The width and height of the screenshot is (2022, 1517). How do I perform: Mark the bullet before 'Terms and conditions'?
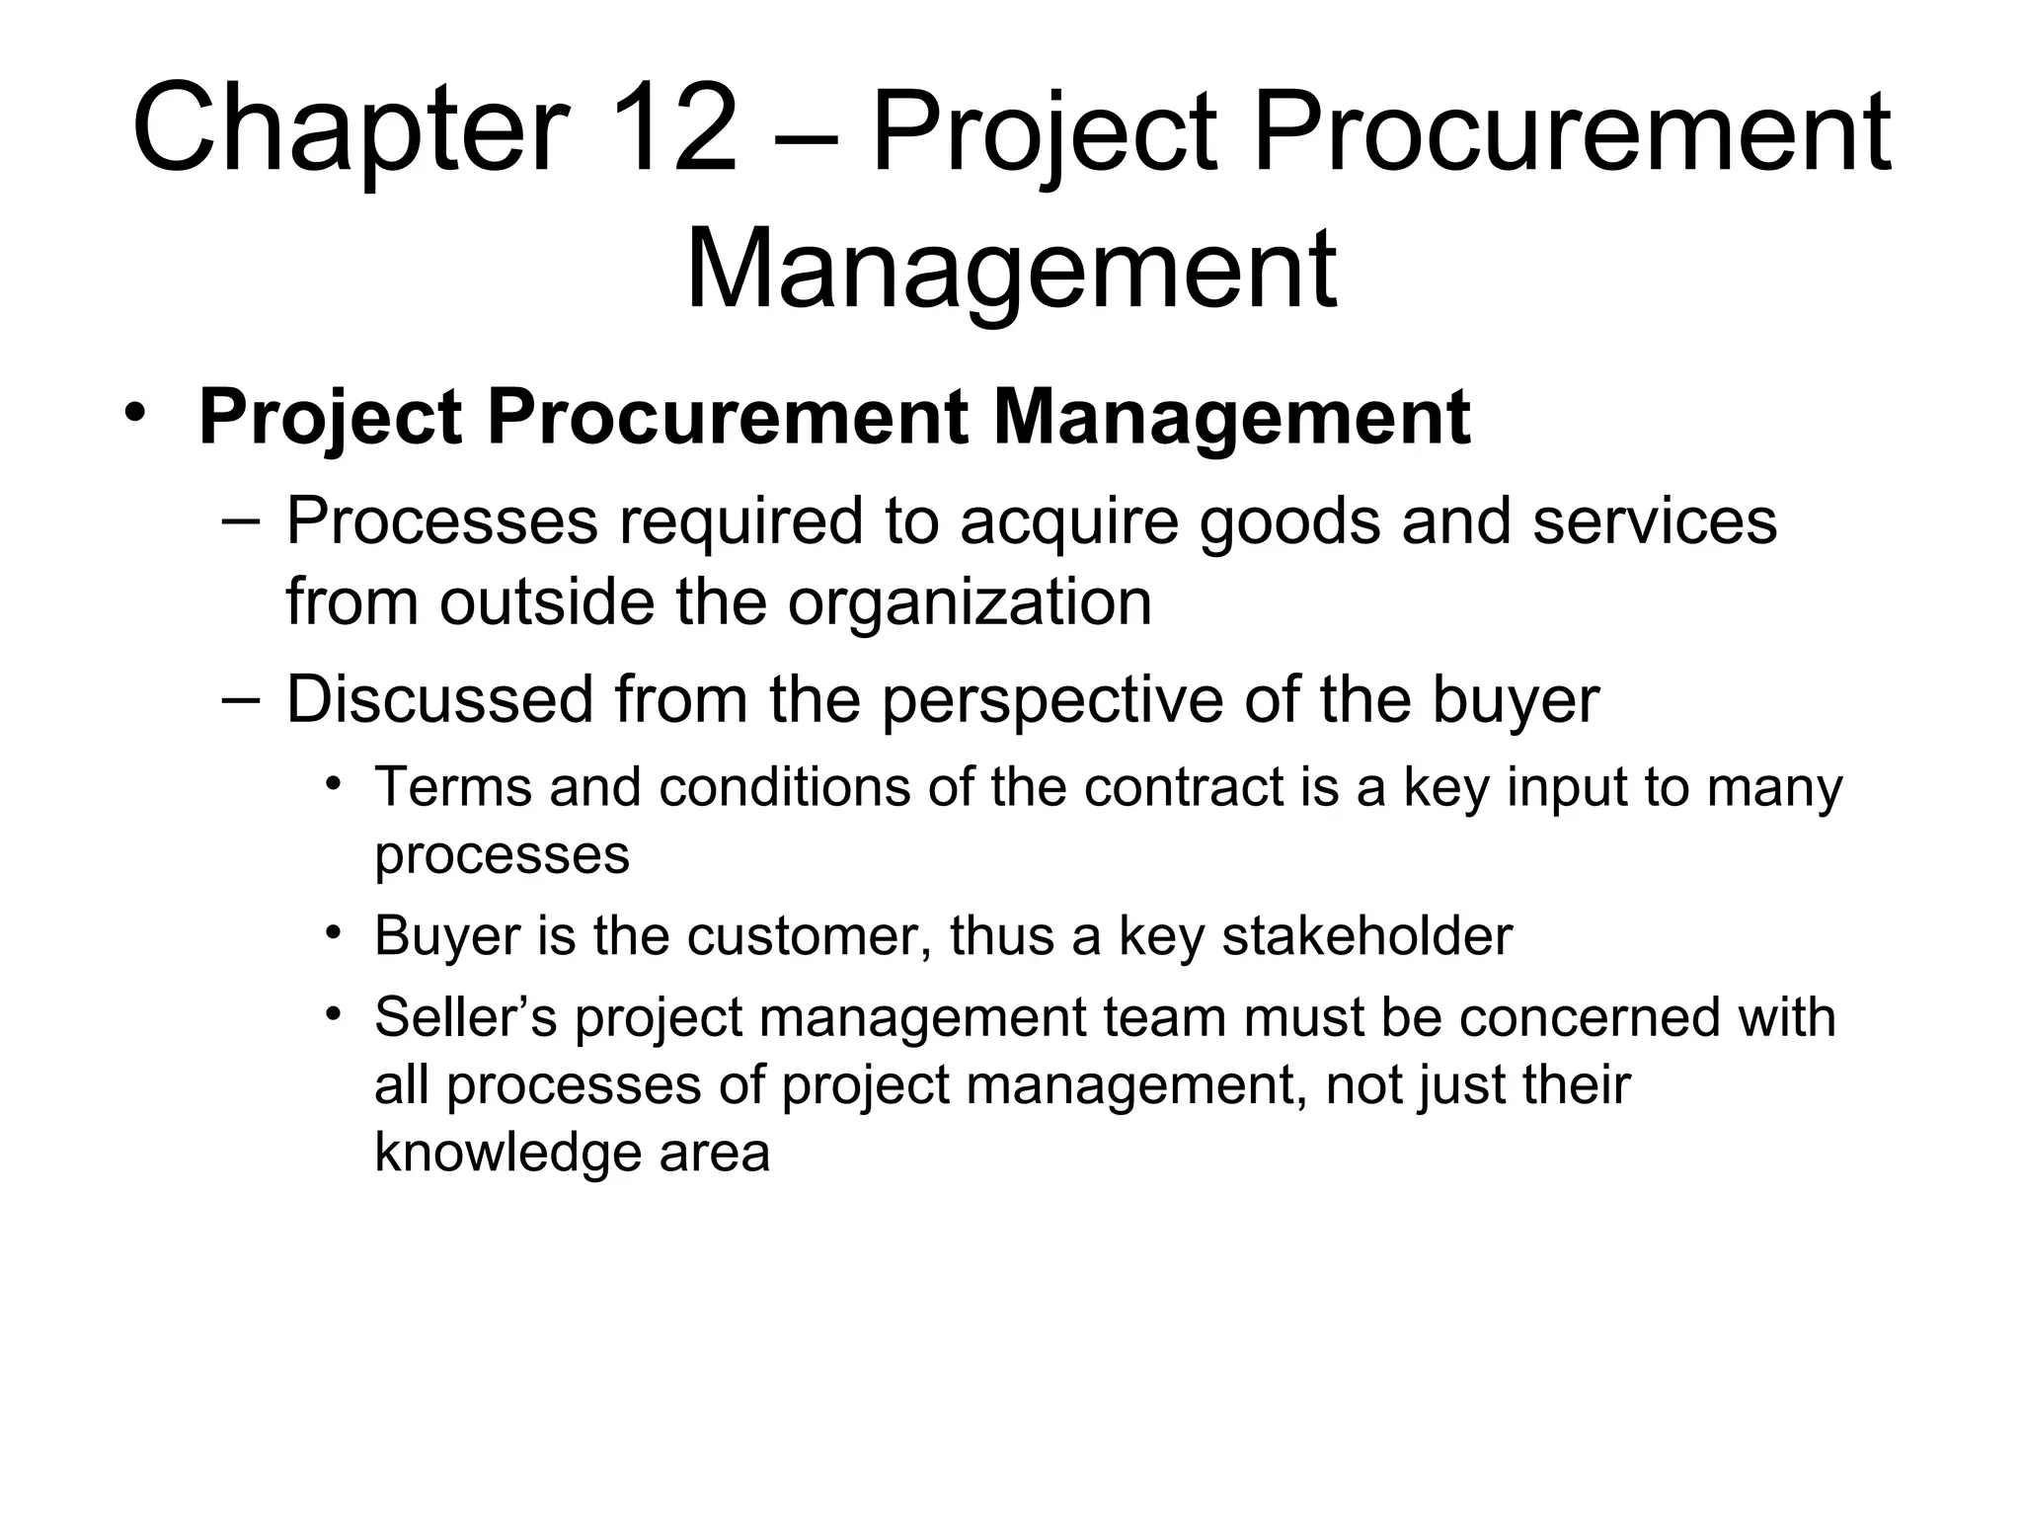(335, 785)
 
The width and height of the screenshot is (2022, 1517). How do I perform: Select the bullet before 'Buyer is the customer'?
(335, 932)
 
